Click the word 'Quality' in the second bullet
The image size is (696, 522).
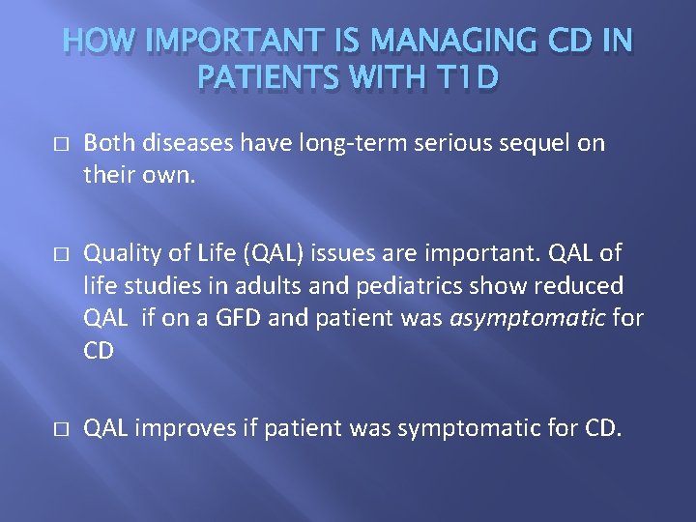point(118,252)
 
